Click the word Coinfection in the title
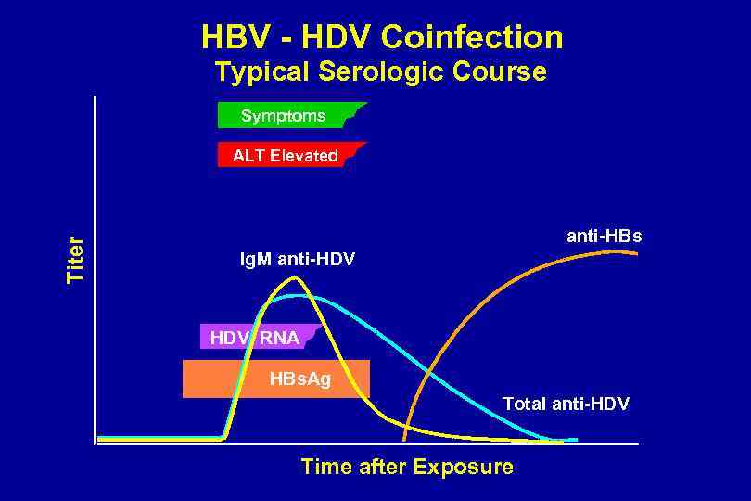[x=472, y=37]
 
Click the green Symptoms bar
[x=283, y=116]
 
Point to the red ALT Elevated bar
[x=283, y=155]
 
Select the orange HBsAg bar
[x=275, y=379]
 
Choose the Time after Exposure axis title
[x=406, y=467]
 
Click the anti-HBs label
[x=604, y=237]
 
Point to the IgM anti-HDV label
[x=297, y=259]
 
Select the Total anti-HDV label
[x=566, y=404]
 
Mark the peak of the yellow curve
[x=294, y=276]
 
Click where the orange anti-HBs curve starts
[x=404, y=438]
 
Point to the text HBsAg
[x=300, y=379]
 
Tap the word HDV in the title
[x=331, y=37]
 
